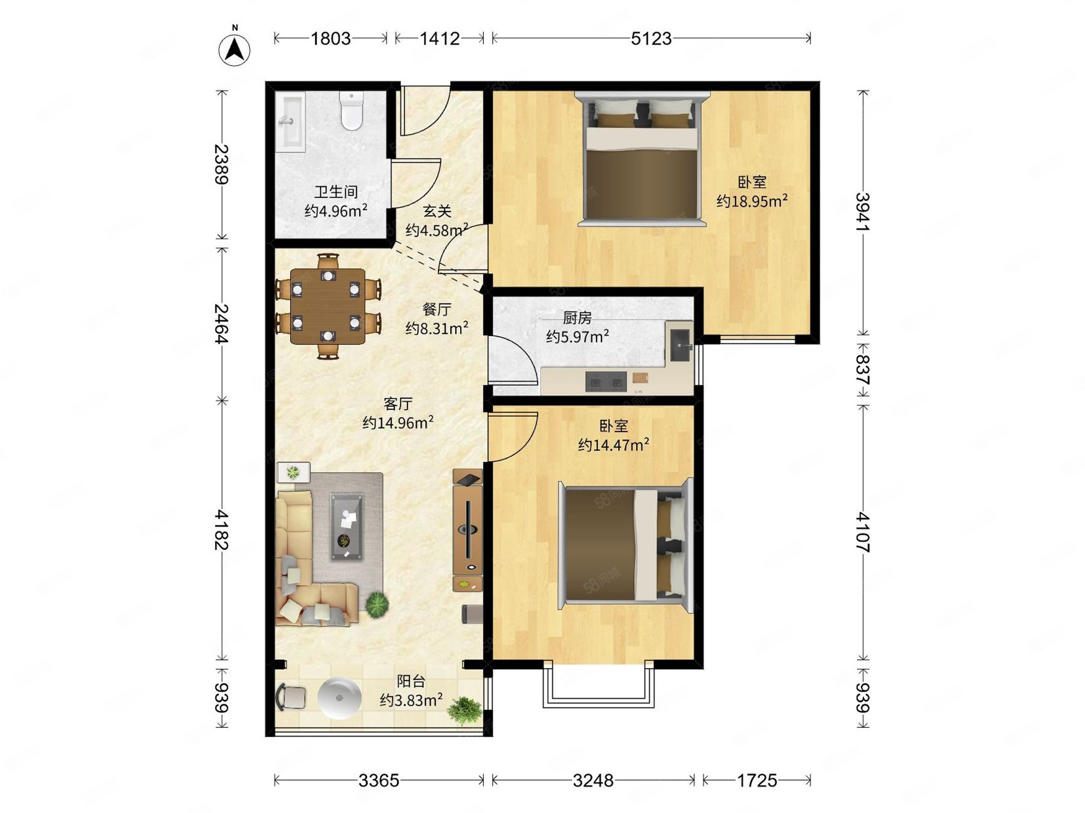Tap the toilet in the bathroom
click(351, 111)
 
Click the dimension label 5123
click(651, 38)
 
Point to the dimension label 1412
click(439, 38)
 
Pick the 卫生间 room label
click(336, 191)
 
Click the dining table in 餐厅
click(327, 306)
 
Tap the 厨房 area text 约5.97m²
click(577, 337)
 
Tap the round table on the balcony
click(339, 698)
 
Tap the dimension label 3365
click(379, 780)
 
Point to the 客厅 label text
click(398, 404)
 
